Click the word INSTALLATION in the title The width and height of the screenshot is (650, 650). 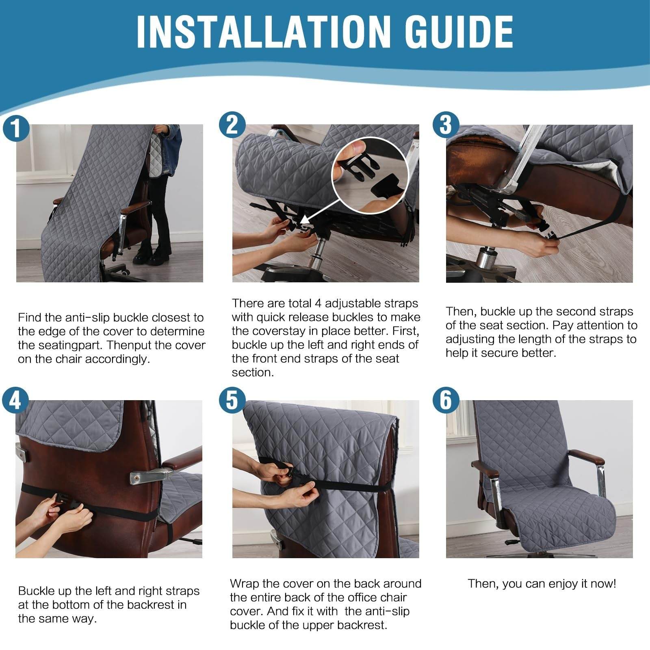click(260, 32)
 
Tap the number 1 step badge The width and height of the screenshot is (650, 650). click(16, 128)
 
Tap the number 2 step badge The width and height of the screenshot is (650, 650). click(232, 125)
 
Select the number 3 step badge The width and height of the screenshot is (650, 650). click(446, 125)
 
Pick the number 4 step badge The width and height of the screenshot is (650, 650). click(15, 401)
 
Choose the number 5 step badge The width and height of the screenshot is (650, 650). click(232, 401)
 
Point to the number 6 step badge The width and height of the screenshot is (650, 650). click(446, 401)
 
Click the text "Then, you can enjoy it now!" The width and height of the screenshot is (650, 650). click(542, 584)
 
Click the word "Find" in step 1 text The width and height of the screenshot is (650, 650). click(30, 318)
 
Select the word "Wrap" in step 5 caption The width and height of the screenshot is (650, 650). click(245, 584)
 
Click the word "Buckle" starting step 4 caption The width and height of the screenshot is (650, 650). click(39, 591)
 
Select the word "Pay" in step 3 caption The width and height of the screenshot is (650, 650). click(563, 325)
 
